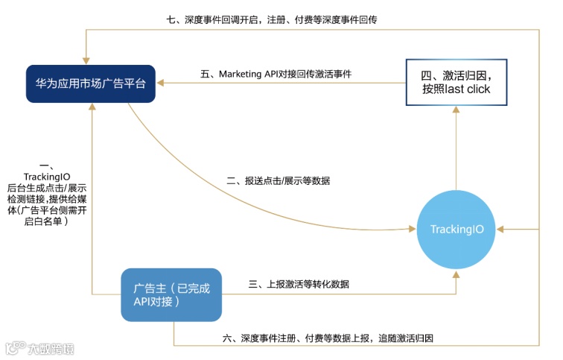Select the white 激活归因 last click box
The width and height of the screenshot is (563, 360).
[x=457, y=81]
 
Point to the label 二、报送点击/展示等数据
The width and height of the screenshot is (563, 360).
[x=277, y=181]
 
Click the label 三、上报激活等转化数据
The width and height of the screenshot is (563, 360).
[x=299, y=284]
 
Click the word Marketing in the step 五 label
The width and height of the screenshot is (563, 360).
[x=241, y=74]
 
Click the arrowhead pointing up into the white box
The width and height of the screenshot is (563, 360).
[x=457, y=107]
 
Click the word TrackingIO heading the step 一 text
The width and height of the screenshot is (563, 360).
[x=47, y=176]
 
